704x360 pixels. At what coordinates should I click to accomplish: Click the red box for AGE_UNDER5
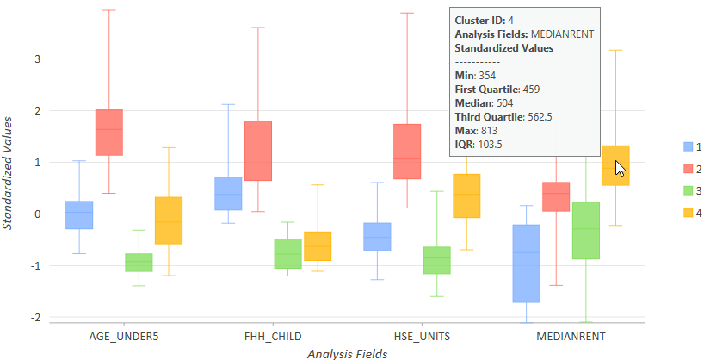(109, 132)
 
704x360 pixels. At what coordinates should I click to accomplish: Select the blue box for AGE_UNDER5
(79, 214)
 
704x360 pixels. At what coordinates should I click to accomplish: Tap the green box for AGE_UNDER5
(139, 262)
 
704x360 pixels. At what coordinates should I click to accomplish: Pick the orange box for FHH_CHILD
(318, 246)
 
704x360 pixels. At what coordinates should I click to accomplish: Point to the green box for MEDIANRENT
(586, 230)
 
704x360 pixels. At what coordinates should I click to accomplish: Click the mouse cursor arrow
(620, 168)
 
